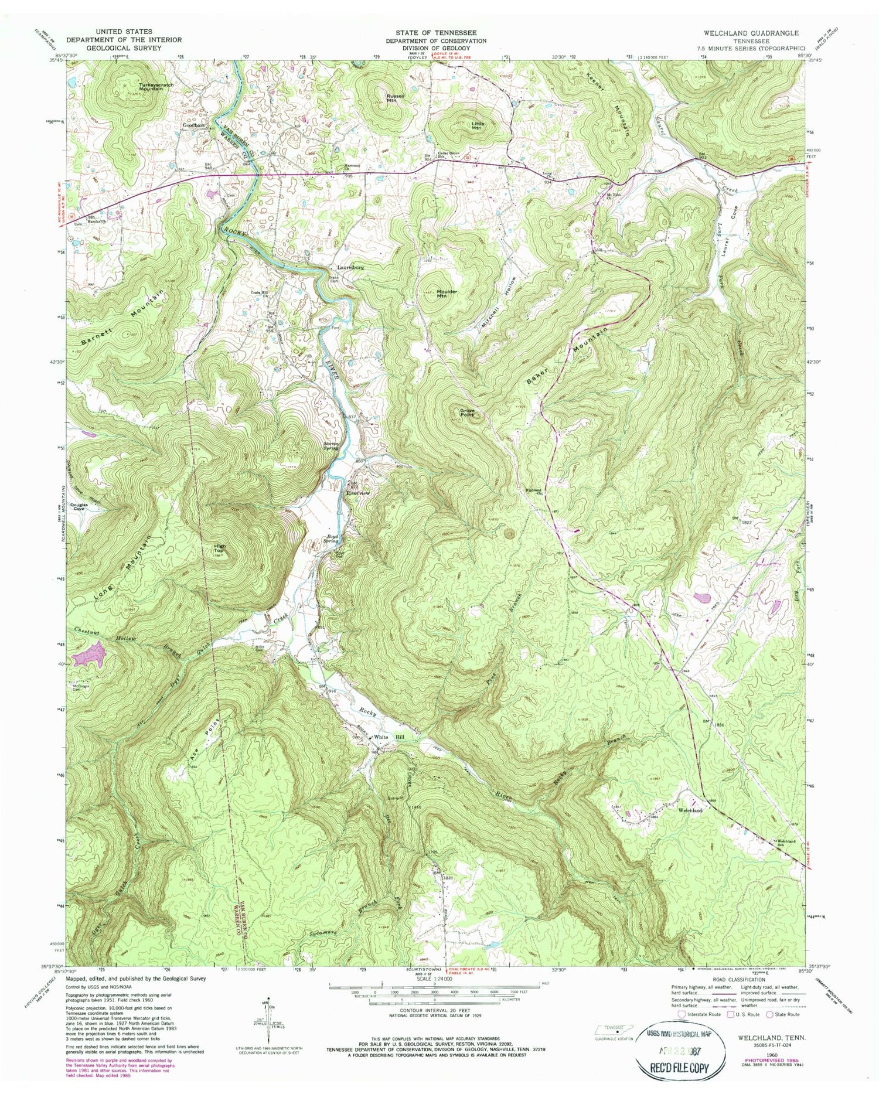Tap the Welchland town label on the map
[690, 810]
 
